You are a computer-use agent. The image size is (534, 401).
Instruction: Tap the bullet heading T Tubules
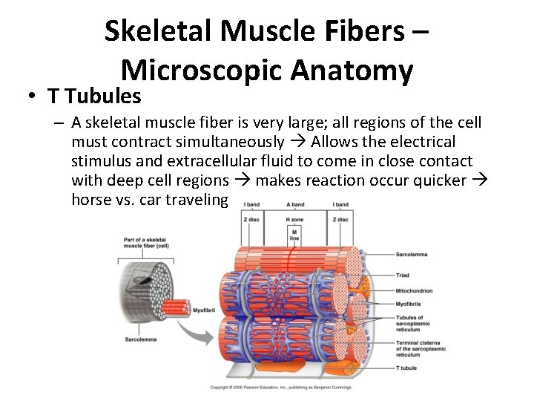[x=95, y=96]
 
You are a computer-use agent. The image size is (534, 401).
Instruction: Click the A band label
[x=295, y=204]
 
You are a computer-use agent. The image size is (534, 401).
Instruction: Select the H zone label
[x=295, y=219]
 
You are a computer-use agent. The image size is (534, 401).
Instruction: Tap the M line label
[x=295, y=235]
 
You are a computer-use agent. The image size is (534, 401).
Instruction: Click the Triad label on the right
[x=403, y=275]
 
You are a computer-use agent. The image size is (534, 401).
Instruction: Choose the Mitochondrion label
[x=415, y=290]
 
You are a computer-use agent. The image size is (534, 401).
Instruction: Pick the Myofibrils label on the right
[x=409, y=303]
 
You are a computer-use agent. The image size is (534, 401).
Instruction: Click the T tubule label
[x=407, y=368]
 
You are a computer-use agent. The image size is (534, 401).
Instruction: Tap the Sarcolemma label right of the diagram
[x=412, y=254]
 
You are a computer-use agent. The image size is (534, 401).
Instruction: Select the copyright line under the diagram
[x=281, y=387]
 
